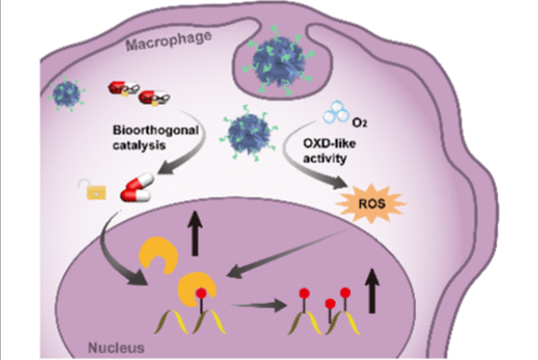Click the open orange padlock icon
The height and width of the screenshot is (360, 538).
[x=86, y=188]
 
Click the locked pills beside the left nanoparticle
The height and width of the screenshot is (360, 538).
[x=127, y=90]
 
